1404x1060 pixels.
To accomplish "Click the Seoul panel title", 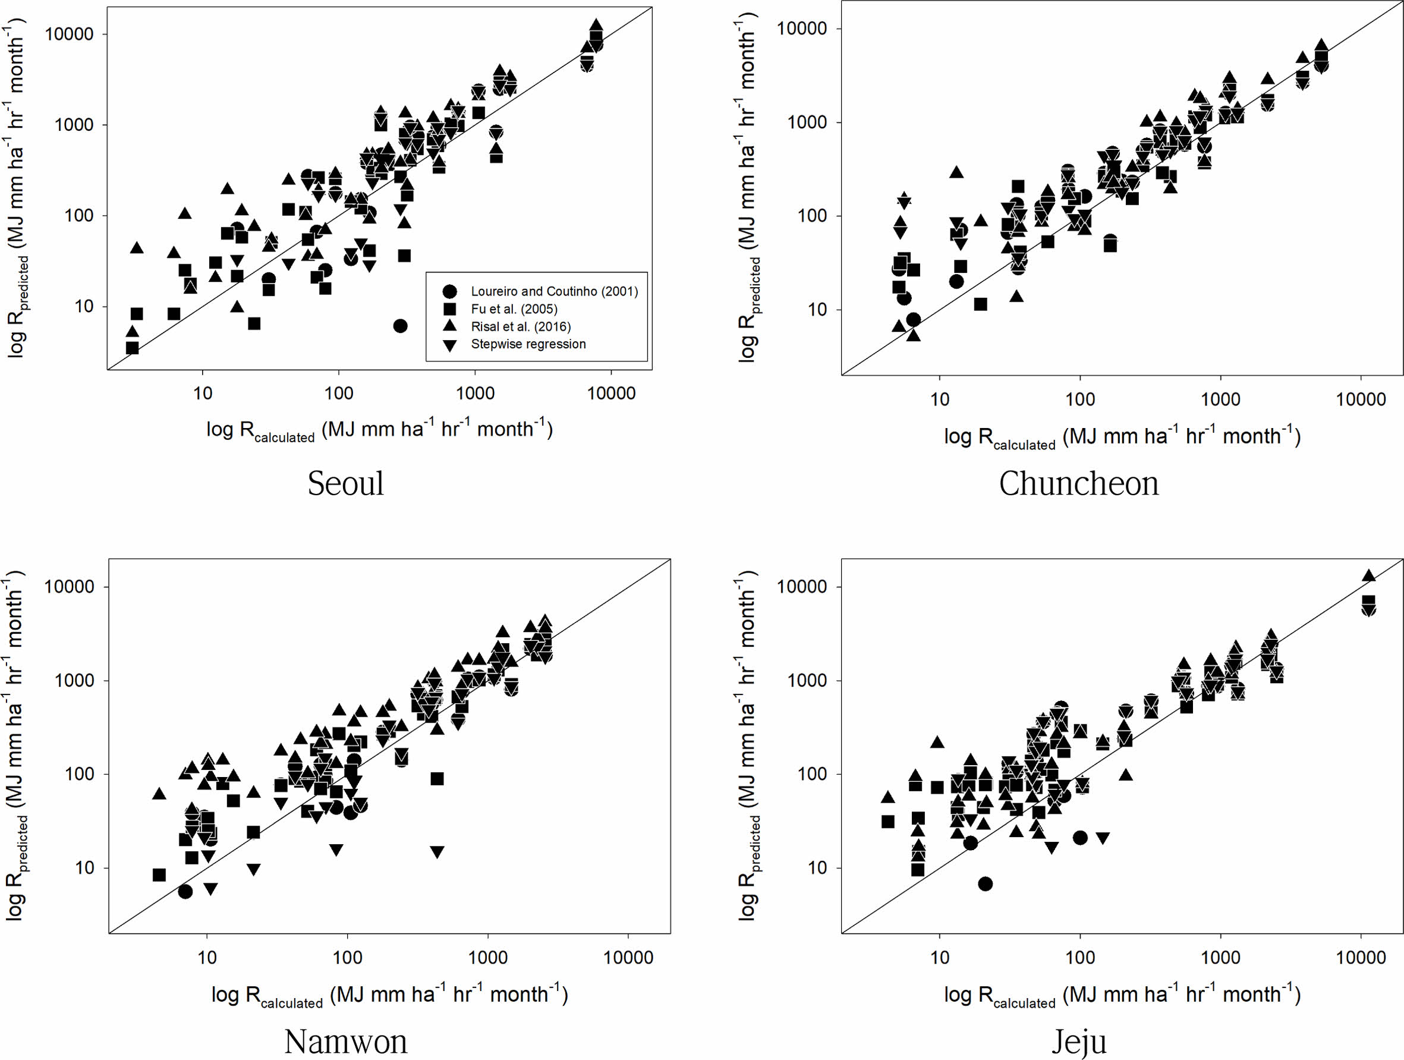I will [x=345, y=484].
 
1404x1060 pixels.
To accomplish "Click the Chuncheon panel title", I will [x=1078, y=484].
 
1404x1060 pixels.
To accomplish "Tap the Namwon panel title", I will [x=345, y=1042].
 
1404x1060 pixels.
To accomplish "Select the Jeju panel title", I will [x=1078, y=1042].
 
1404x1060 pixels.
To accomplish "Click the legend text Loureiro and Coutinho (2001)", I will [x=554, y=291].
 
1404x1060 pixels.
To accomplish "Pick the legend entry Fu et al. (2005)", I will [x=514, y=309].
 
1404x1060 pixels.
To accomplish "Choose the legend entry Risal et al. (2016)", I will [x=521, y=327].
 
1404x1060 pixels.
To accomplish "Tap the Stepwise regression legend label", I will [x=528, y=344].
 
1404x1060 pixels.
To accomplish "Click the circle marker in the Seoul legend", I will [x=449, y=291].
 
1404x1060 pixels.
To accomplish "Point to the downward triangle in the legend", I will [x=449, y=345].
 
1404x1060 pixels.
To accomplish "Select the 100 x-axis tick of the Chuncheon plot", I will [x=1079, y=400].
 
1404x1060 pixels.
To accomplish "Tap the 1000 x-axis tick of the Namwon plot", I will [x=487, y=958].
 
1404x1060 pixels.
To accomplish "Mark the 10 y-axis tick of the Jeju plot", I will [x=817, y=867].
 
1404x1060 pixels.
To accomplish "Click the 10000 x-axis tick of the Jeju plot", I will [x=1360, y=958].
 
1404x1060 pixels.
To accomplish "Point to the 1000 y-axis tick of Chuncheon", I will [x=807, y=122].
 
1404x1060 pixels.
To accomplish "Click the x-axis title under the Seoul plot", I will [x=379, y=430].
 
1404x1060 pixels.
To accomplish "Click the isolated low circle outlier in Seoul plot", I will [x=400, y=326].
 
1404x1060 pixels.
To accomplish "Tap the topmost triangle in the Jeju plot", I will [x=1368, y=575].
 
